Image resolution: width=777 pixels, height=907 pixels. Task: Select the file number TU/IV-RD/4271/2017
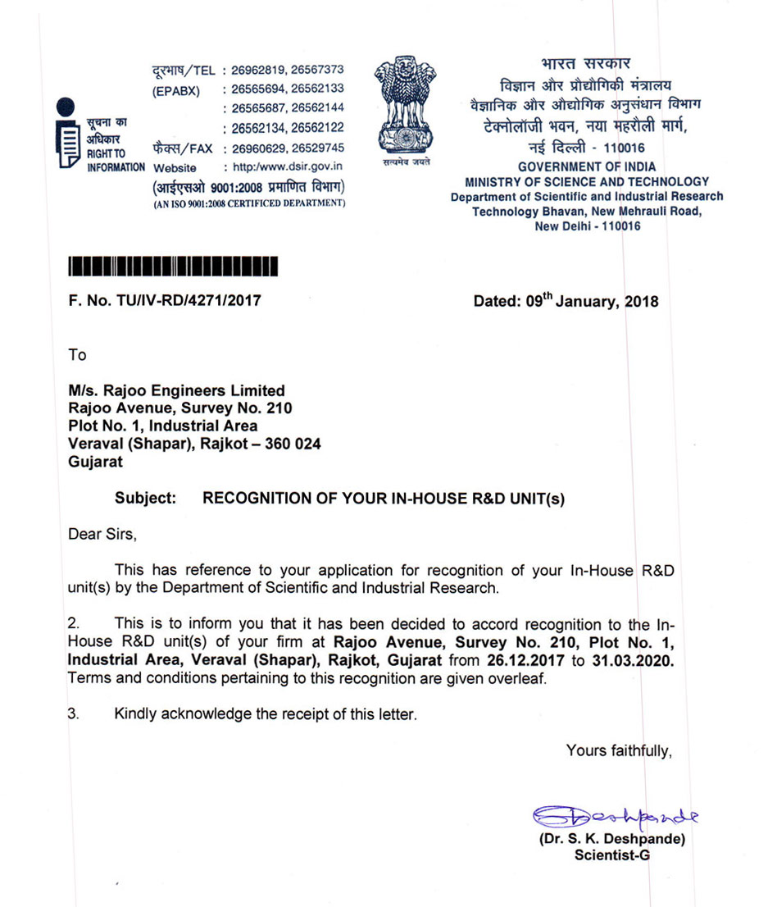tap(194, 301)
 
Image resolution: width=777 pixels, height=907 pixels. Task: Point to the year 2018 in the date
tap(642, 302)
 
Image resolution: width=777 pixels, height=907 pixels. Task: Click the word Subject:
tap(147, 498)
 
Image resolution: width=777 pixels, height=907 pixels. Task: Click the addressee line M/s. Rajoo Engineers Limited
tap(177, 391)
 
